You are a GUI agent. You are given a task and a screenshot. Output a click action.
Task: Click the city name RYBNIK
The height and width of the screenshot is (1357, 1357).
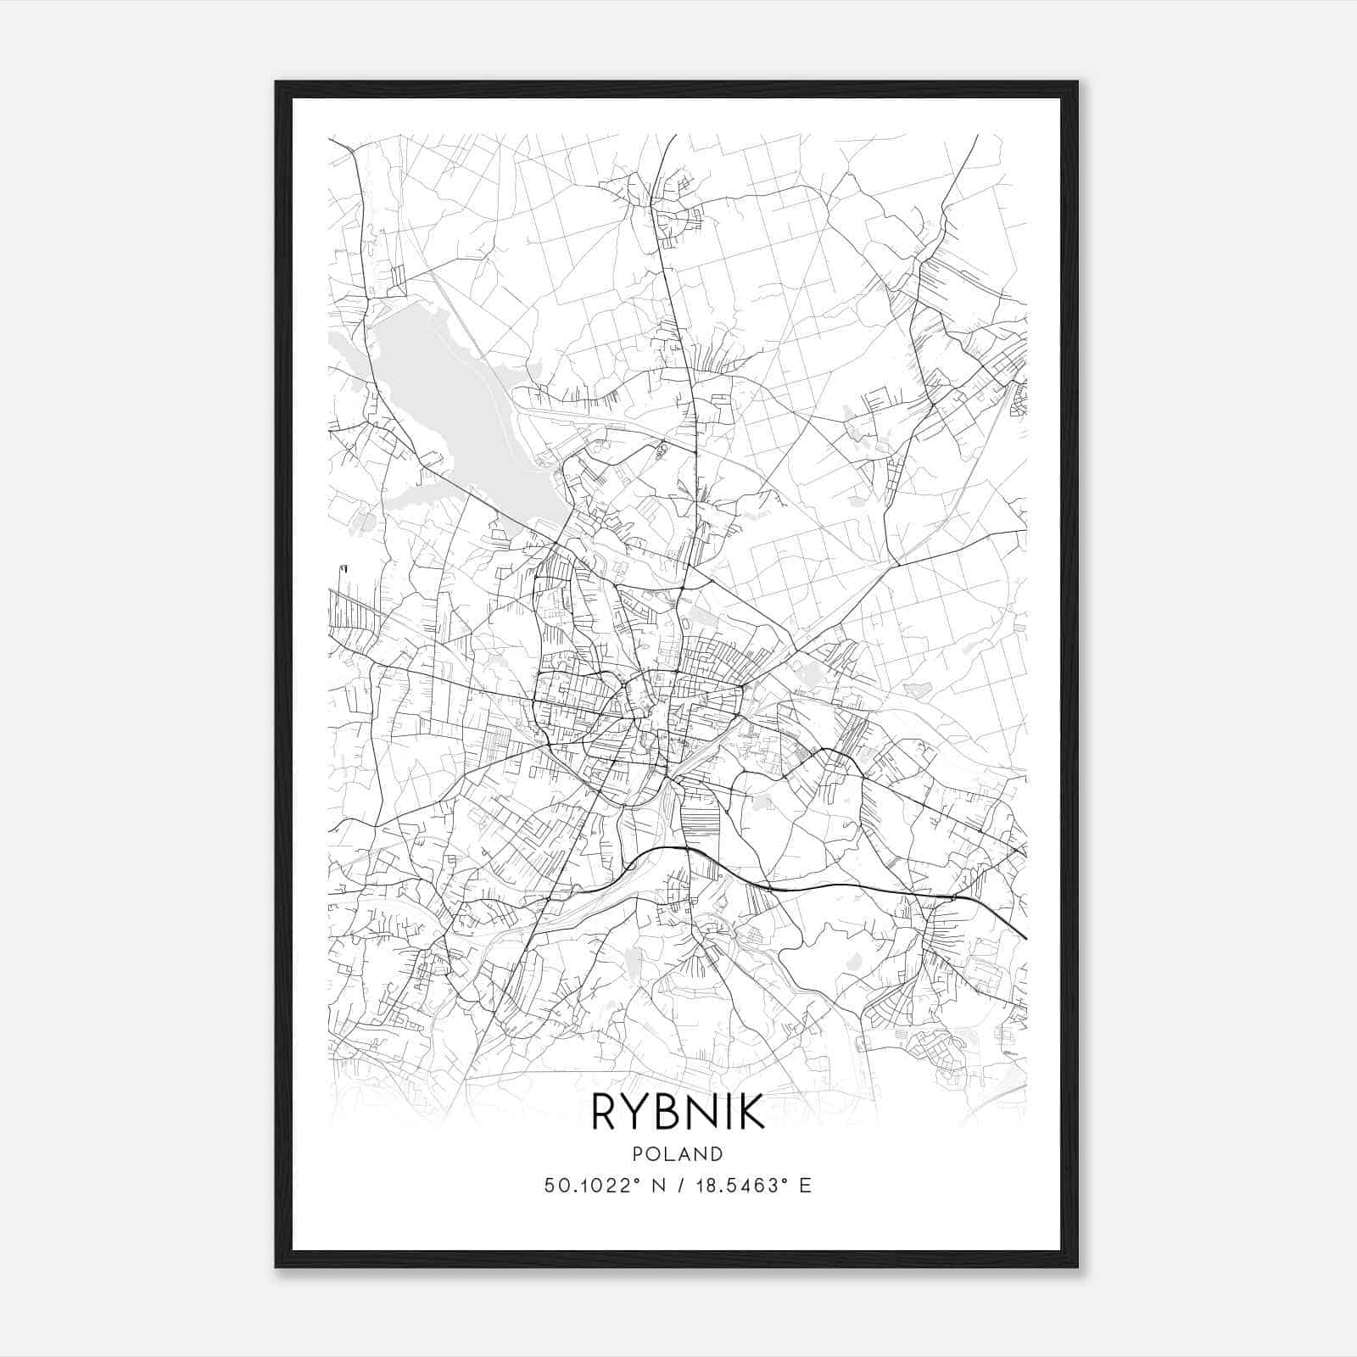[678, 1112]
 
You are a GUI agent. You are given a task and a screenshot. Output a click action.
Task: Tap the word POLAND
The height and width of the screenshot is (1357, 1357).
[678, 1154]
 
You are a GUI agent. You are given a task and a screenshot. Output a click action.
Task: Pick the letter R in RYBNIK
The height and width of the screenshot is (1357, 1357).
[603, 1112]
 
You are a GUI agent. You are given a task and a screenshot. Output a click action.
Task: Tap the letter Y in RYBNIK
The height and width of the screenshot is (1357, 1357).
[635, 1112]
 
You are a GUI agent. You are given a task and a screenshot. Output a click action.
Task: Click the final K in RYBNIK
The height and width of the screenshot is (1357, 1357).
[752, 1112]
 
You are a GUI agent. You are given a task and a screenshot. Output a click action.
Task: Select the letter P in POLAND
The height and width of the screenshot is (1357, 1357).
[636, 1154]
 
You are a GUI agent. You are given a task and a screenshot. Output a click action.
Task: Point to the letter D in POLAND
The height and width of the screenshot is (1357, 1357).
[718, 1154]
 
